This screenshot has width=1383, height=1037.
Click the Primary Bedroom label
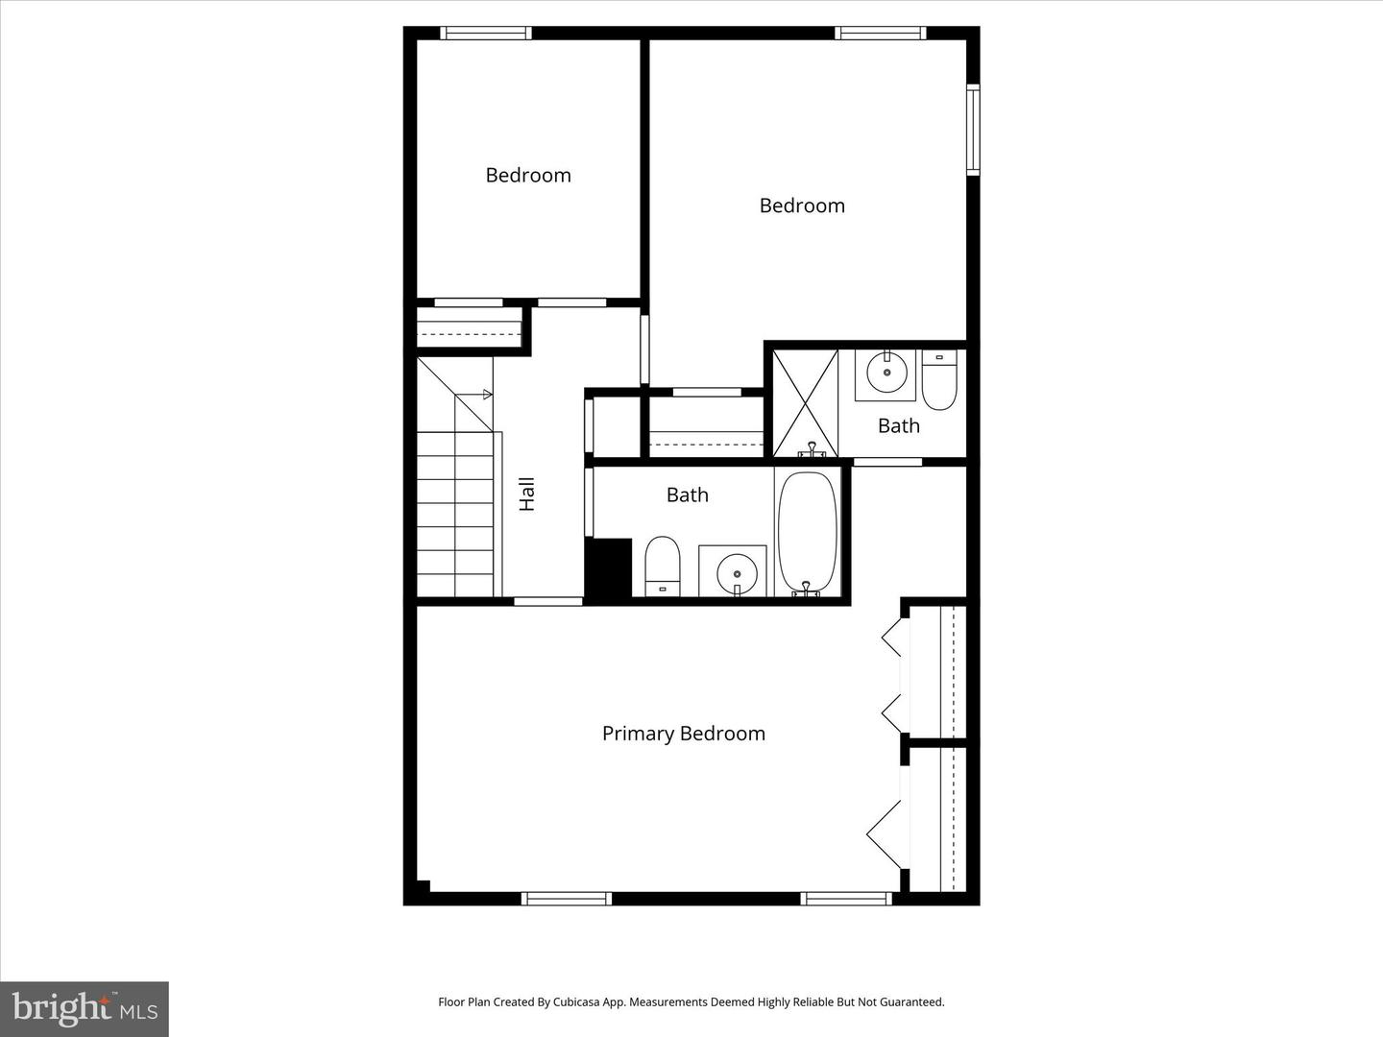(x=683, y=734)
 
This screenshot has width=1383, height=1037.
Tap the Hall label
(x=526, y=494)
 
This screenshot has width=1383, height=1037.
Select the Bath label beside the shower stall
(x=898, y=425)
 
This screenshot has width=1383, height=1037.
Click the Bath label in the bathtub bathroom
(x=687, y=494)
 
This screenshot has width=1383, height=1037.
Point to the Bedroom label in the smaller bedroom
(x=527, y=175)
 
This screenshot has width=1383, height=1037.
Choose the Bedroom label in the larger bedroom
(x=802, y=205)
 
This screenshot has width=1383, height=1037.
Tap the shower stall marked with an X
(x=805, y=402)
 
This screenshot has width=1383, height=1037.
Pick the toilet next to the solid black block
(x=662, y=566)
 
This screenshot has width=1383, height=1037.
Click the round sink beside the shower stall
(x=886, y=373)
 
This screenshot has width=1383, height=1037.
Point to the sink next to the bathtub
(x=736, y=572)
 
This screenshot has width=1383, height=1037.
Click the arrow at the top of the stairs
(x=487, y=394)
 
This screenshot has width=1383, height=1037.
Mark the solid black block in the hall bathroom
(x=608, y=568)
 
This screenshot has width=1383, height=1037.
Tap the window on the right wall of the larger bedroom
(x=972, y=130)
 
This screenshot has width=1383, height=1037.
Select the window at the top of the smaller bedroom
(x=486, y=34)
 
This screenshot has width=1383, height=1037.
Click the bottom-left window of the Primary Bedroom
(x=566, y=899)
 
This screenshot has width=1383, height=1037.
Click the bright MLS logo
(x=85, y=1008)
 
